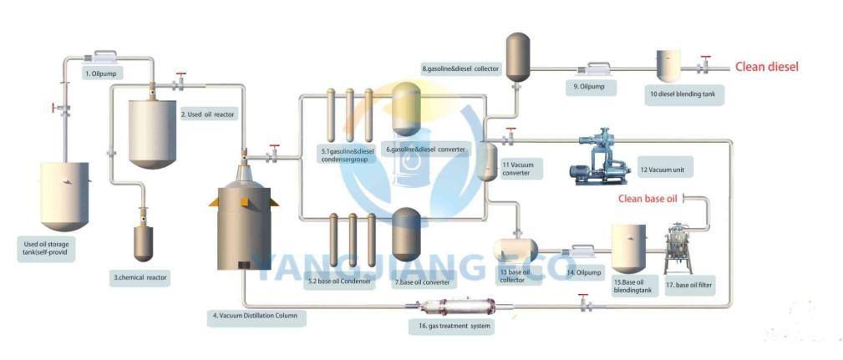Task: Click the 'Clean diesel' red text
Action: [x=766, y=67]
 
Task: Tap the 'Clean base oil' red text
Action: [x=647, y=199]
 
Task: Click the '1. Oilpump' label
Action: [x=104, y=74]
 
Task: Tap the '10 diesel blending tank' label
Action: [x=683, y=95]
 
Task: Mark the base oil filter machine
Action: [x=678, y=249]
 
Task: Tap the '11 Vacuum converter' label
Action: [x=521, y=170]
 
